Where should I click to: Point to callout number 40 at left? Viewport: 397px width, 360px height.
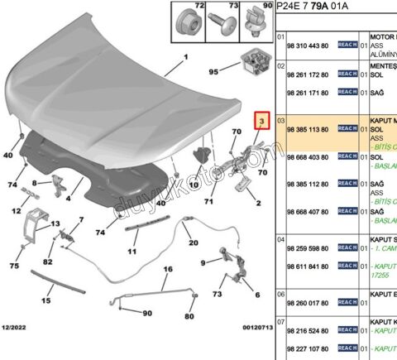click(8, 155)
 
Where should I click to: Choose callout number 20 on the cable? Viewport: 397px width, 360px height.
click(194, 242)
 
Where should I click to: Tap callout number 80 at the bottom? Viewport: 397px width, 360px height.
click(189, 316)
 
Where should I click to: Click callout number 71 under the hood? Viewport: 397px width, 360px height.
click(209, 201)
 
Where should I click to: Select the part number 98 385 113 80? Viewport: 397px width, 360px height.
click(309, 129)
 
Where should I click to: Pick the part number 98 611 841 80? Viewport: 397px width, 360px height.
click(309, 266)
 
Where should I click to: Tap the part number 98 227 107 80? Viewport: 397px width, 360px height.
click(309, 348)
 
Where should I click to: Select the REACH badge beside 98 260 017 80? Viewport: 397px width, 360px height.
click(347, 303)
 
